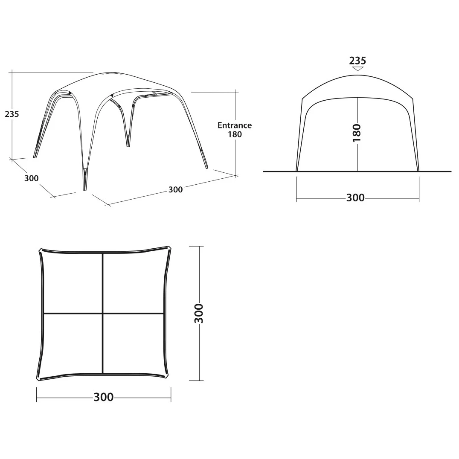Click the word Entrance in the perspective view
[235, 125]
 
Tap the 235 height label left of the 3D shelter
[12, 114]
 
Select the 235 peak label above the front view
[357, 61]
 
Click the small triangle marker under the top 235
[357, 69]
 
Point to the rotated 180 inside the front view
[357, 133]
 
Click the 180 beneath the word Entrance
[235, 134]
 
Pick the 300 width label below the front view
[355, 198]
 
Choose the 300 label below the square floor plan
[103, 397]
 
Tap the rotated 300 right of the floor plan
[199, 313]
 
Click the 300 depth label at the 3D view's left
[31, 178]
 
